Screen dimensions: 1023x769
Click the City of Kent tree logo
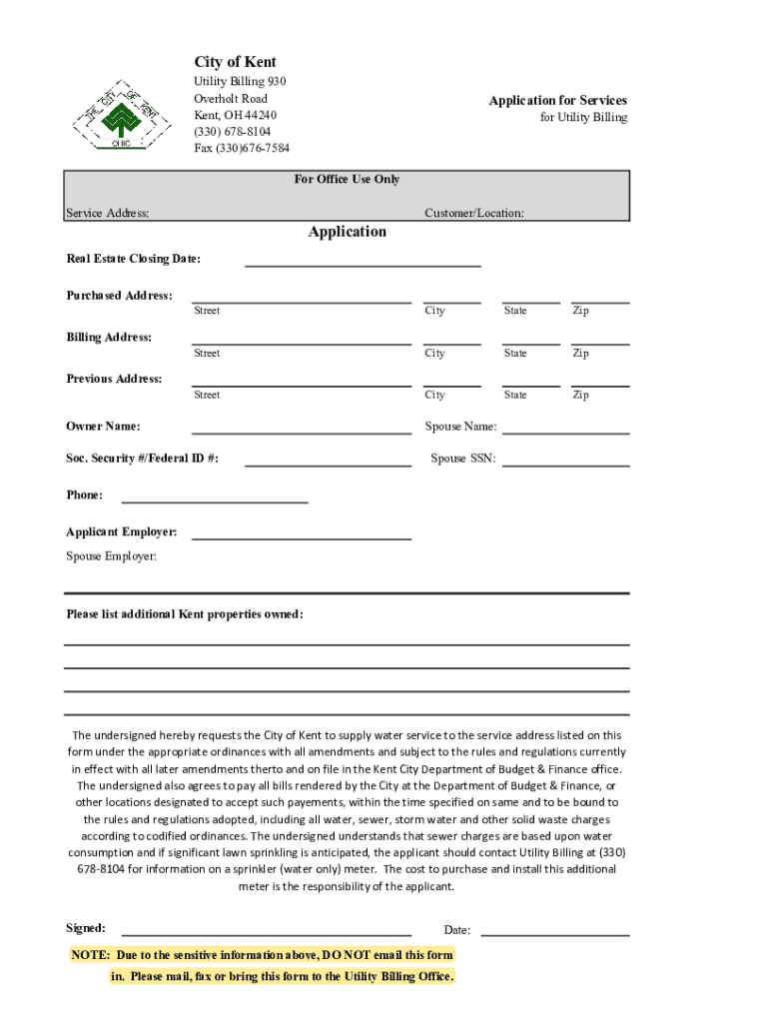tap(117, 113)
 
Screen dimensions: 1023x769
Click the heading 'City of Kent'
tap(236, 62)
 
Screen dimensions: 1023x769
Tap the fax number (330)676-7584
tap(242, 149)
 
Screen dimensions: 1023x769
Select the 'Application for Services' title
tap(557, 100)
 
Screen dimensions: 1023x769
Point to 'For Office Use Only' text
tap(347, 179)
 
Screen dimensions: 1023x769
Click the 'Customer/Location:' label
tap(473, 213)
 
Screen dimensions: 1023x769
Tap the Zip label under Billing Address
tap(580, 353)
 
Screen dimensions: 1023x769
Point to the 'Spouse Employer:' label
tap(111, 556)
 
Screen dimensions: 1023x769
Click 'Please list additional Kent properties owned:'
tap(184, 614)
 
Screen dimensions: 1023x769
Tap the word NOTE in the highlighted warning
tap(90, 955)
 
